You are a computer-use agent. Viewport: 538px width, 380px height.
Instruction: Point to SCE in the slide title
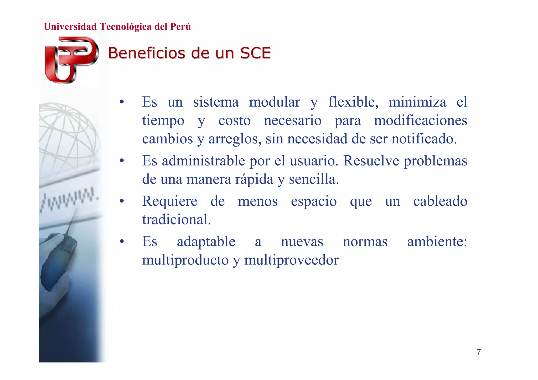tap(255, 53)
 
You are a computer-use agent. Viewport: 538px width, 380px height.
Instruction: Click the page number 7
tap(479, 352)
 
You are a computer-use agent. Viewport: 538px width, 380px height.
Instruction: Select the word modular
tap(274, 102)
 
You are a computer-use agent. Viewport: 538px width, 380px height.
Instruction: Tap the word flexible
tap(353, 102)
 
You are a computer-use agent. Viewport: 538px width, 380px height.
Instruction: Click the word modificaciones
tap(420, 121)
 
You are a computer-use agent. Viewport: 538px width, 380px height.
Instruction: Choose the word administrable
tap(203, 161)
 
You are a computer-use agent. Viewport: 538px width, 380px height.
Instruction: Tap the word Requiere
tap(170, 201)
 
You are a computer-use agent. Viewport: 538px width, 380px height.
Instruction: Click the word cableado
tap(440, 201)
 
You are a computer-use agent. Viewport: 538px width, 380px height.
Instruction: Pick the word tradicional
tap(176, 220)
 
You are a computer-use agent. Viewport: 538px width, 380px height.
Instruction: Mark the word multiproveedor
tap(291, 260)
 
